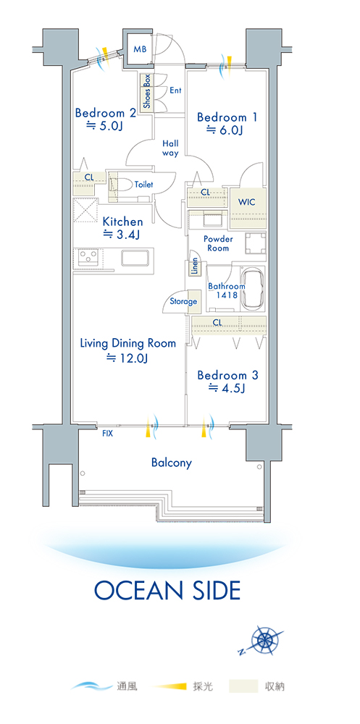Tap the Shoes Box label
(x=147, y=91)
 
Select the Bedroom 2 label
(x=106, y=113)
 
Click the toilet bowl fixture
(x=122, y=185)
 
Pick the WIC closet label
(x=246, y=202)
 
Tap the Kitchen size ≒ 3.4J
(x=121, y=235)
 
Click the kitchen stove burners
(x=88, y=256)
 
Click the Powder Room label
(x=218, y=244)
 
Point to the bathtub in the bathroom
(x=254, y=290)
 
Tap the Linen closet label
(x=195, y=267)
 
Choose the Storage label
(x=183, y=302)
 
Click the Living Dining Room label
(x=128, y=343)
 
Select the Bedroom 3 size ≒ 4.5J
(x=226, y=388)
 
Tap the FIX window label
(x=107, y=434)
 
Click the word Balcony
(x=172, y=463)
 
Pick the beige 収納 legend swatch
(x=243, y=686)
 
